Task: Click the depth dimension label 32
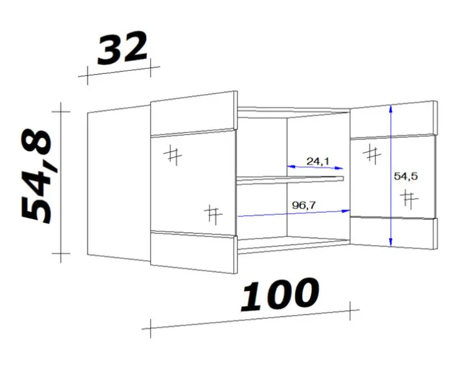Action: (x=123, y=48)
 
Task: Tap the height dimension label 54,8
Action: (x=36, y=175)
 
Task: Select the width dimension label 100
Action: (x=279, y=294)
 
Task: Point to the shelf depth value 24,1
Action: (x=318, y=161)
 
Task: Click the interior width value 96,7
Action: (x=304, y=205)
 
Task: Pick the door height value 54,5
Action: (x=406, y=176)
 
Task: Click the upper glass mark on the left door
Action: (x=172, y=156)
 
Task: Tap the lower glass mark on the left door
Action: (x=213, y=214)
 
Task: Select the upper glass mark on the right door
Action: (x=371, y=154)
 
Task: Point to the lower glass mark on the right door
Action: (x=409, y=199)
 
